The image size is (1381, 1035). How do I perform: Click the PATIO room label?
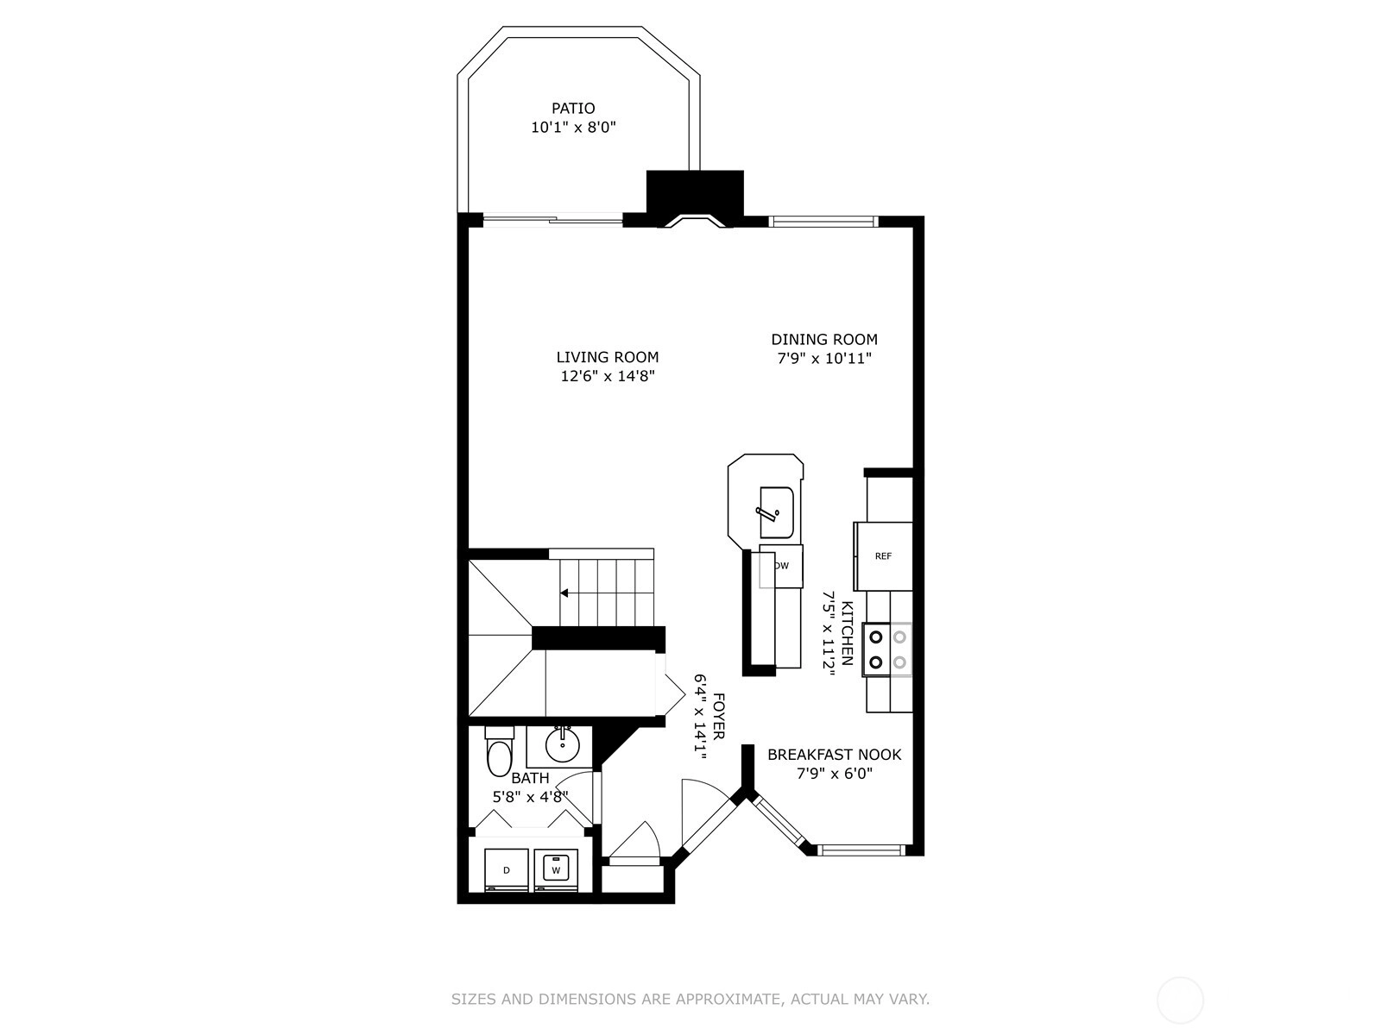(572, 108)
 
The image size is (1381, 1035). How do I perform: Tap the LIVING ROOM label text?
(607, 357)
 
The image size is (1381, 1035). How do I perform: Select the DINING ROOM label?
(824, 339)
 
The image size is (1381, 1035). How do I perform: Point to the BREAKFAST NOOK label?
(835, 754)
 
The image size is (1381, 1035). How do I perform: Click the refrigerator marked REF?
(883, 556)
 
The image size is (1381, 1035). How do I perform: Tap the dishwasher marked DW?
(781, 566)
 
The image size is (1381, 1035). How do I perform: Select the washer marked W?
(556, 869)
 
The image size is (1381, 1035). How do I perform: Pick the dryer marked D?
(507, 869)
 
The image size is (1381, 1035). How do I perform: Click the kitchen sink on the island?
(776, 512)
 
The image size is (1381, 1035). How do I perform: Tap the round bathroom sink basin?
(562, 747)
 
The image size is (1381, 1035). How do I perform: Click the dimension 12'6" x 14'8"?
(608, 376)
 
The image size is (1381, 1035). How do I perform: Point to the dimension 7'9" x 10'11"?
(824, 359)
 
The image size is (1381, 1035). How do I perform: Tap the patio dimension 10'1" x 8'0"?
(573, 128)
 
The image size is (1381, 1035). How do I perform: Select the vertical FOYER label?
(718, 717)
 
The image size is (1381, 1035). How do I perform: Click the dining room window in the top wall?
(823, 221)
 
